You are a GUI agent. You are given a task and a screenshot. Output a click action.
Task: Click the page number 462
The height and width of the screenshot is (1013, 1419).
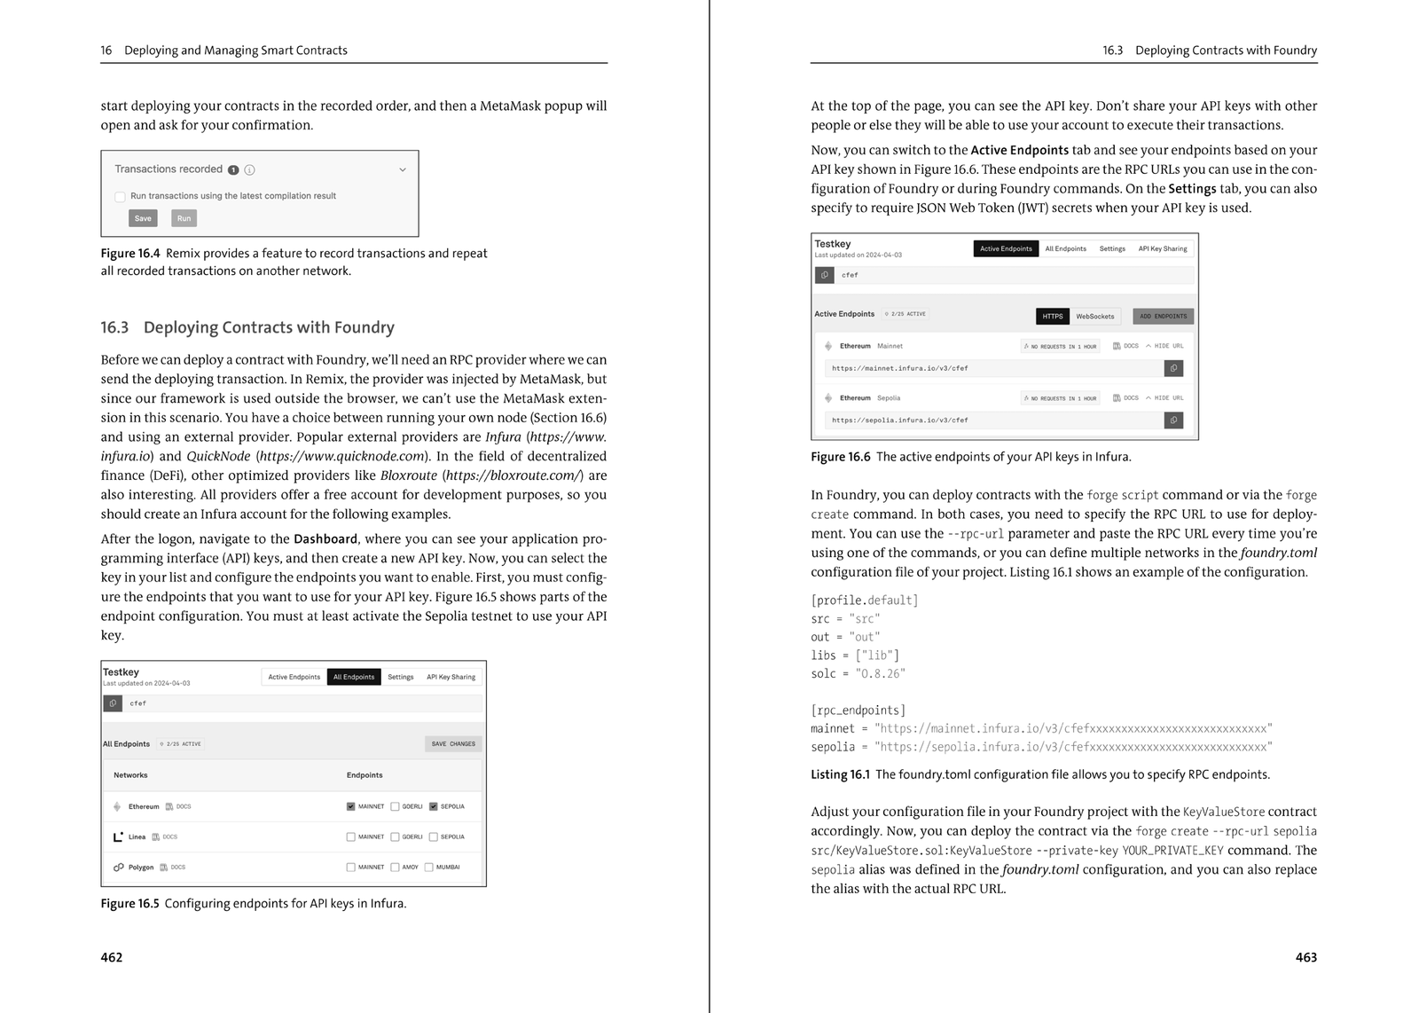[x=112, y=957]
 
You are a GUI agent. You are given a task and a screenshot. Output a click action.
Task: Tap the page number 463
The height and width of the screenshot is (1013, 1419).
[x=1305, y=957]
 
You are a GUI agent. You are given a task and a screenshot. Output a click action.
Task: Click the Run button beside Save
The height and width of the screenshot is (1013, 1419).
[x=184, y=218]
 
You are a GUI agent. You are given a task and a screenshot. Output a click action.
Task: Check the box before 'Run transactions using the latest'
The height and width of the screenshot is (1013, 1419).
[x=120, y=197]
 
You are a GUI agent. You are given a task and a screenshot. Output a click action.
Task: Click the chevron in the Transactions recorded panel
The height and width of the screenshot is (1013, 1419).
[x=402, y=169]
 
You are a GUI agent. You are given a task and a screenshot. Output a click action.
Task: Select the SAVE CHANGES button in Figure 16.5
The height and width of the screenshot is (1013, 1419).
[x=453, y=744]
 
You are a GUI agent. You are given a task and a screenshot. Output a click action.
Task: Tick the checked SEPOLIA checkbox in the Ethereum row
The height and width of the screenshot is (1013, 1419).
[x=434, y=806]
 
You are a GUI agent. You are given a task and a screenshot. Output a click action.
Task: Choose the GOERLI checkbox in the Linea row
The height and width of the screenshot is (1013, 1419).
[x=396, y=836]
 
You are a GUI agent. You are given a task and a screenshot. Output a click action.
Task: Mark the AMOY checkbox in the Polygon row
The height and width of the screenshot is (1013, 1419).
[x=396, y=867]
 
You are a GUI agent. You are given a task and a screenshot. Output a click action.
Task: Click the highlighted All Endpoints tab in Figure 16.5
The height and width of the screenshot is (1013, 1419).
[x=354, y=677]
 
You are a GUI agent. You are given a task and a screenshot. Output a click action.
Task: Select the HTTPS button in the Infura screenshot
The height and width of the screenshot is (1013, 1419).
[x=1052, y=316]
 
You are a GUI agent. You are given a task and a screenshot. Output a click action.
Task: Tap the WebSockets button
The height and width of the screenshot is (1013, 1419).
[x=1094, y=316]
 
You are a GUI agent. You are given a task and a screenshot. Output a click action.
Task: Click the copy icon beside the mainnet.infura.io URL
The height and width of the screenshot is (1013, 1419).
[x=1173, y=368]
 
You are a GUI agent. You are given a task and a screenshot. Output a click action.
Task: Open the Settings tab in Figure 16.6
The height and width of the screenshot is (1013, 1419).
[x=1112, y=248]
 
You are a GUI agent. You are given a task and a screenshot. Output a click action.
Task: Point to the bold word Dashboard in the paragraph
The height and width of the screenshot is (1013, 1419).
[x=325, y=538]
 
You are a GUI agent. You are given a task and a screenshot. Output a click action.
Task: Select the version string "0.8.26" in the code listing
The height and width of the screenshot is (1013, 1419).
[x=881, y=673]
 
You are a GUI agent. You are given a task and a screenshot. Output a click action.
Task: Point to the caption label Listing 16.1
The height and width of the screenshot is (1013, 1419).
[x=840, y=774]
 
